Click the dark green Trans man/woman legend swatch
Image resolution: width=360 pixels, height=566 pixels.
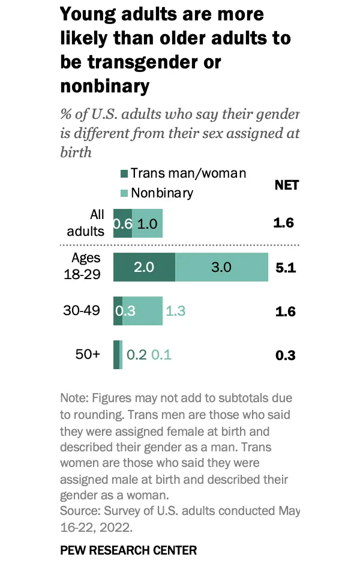pos(125,174)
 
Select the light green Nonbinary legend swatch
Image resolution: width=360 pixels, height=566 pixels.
pos(125,193)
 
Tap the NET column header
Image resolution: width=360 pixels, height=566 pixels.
pos(286,185)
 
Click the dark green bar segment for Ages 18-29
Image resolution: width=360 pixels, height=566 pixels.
pos(144,267)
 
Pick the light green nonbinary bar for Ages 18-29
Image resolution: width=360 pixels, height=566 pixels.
pos(221,267)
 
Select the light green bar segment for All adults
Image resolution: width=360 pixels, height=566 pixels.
pos(147,223)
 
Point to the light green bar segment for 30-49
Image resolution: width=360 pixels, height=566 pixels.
pos(142,311)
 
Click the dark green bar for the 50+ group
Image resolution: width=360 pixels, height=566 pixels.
pos(116,355)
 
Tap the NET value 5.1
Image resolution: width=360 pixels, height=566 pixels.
pos(286,268)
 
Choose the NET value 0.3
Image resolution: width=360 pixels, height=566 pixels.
pos(286,355)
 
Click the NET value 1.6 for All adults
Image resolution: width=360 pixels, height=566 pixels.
pos(283,223)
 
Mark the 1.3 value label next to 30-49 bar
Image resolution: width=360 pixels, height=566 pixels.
pos(175,312)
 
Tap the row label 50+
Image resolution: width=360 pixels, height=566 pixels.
pos(88,354)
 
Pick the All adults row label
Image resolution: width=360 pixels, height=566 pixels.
pos(87,223)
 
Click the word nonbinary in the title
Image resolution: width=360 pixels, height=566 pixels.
pos(104,86)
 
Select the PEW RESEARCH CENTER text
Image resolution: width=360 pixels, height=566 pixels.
pos(128,550)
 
